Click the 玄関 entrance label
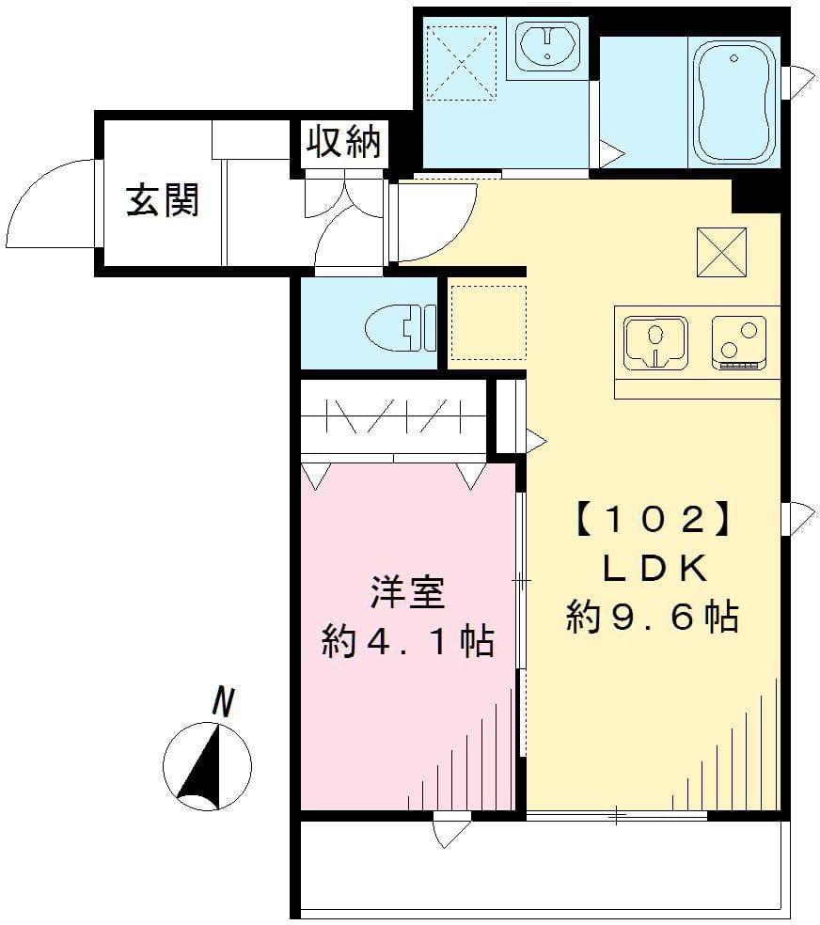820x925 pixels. [x=164, y=199]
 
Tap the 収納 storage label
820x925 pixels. [x=343, y=142]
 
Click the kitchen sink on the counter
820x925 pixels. [x=655, y=343]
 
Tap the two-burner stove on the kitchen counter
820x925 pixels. [x=743, y=343]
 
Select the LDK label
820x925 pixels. [x=652, y=568]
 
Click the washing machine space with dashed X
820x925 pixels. [x=461, y=60]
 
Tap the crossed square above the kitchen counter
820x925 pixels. [x=721, y=252]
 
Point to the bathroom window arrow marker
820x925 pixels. [x=802, y=82]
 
